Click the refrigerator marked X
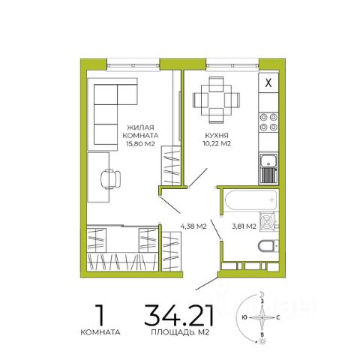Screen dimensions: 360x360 tap(268, 82)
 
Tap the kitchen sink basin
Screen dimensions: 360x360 tap(268, 160)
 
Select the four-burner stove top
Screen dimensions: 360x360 tap(268, 122)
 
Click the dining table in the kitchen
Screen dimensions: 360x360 tap(216, 100)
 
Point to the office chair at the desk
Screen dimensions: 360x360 tap(111, 179)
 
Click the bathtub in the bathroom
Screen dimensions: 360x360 tap(251, 199)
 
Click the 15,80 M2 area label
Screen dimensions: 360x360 tap(140, 144)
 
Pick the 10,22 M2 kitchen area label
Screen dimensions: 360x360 tap(217, 143)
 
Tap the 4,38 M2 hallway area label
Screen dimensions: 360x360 tap(193, 226)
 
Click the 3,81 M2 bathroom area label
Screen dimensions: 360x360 tap(244, 226)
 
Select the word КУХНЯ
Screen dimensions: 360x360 tap(217, 136)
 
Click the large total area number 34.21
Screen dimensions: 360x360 tap(179, 315)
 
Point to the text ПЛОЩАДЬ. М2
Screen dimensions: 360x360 tap(180, 332)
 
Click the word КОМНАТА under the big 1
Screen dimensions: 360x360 tap(100, 332)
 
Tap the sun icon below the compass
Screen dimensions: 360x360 tap(262, 341)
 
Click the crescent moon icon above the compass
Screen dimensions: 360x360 tap(262, 294)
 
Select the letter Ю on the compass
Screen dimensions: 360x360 tap(244, 317)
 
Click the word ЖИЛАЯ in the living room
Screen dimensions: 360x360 tap(140, 127)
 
